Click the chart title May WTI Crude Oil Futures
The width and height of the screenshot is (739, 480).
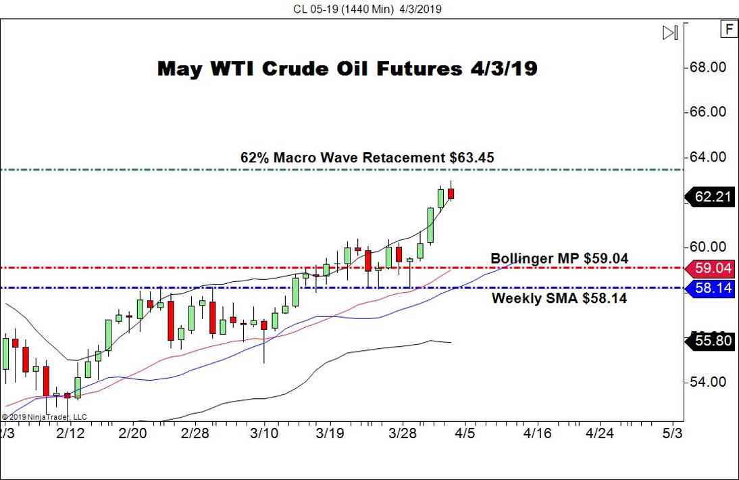pos(347,68)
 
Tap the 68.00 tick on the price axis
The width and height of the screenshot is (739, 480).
pos(708,68)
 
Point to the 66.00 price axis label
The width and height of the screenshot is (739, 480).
pos(708,112)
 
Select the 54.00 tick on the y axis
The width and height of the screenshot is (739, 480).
pos(708,382)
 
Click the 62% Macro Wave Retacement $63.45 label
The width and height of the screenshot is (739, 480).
pos(367,158)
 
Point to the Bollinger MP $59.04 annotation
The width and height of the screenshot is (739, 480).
pos(559,258)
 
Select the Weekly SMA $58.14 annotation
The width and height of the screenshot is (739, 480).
pos(559,297)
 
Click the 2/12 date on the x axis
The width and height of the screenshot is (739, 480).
pos(70,433)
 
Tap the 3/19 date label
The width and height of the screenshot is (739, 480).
pos(332,433)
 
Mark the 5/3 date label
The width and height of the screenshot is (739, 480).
pos(673,433)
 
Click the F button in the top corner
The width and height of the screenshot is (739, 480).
pos(729,29)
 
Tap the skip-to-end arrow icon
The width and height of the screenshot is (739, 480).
pos(670,32)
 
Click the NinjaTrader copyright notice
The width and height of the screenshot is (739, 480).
pos(45,417)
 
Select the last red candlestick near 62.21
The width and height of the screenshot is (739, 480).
pos(451,193)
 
